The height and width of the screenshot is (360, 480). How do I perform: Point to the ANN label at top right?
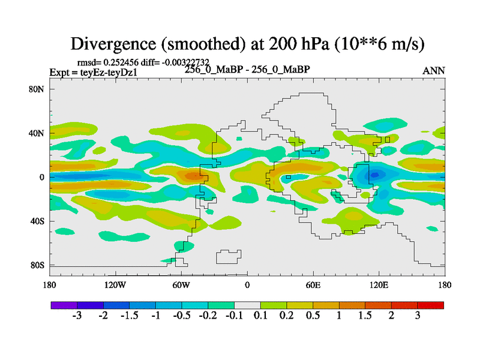tap(434, 71)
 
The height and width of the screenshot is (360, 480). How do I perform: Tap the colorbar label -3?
tap(77, 316)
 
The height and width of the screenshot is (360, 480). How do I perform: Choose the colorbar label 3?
tap(418, 316)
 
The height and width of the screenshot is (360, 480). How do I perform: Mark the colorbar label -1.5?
tap(129, 316)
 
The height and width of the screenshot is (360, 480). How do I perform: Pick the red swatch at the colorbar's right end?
tap(431, 305)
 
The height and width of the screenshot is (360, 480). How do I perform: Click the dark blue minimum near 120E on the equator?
tap(374, 175)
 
